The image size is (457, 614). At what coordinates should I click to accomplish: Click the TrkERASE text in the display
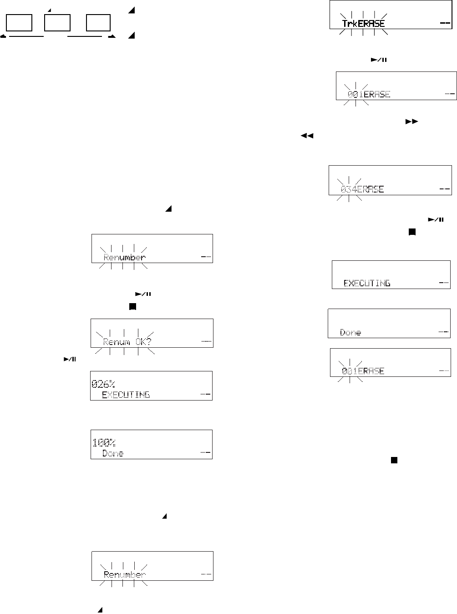pyautogui.click(x=363, y=24)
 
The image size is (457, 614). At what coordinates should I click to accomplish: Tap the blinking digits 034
pyautogui.click(x=349, y=189)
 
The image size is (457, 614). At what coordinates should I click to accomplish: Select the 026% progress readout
pyautogui.click(x=103, y=384)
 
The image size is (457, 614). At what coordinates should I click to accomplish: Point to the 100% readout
pyautogui.click(x=103, y=442)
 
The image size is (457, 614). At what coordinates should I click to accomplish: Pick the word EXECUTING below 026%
pyautogui.click(x=126, y=395)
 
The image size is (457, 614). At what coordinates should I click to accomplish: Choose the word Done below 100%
pyautogui.click(x=113, y=453)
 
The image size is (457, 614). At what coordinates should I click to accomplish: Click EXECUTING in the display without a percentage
pyautogui.click(x=367, y=283)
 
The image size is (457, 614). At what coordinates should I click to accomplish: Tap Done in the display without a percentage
pyautogui.click(x=350, y=333)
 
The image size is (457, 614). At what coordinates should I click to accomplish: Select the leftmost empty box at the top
pyautogui.click(x=19, y=22)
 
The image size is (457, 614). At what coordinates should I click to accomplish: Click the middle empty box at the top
pyautogui.click(x=57, y=22)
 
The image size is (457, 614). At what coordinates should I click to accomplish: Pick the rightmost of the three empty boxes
pyautogui.click(x=98, y=22)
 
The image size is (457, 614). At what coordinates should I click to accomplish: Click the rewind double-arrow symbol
pyautogui.click(x=307, y=136)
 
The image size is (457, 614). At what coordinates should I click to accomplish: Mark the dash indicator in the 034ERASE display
pyautogui.click(x=445, y=189)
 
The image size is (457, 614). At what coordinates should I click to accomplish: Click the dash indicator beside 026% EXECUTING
pyautogui.click(x=206, y=394)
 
